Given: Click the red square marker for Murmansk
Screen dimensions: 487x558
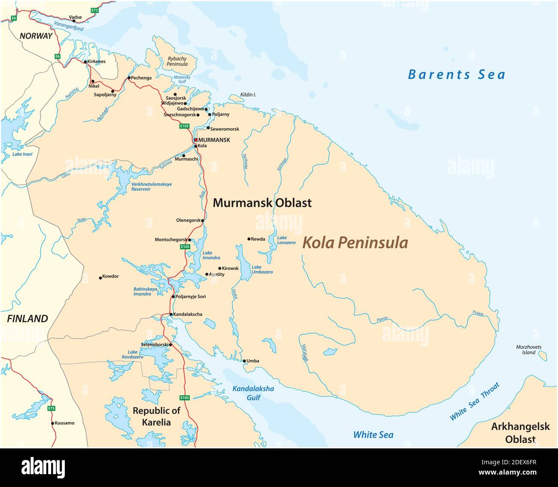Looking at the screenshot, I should point(195,140).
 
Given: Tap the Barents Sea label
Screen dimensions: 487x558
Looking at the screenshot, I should point(456,75).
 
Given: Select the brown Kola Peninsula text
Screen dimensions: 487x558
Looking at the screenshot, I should point(355,243).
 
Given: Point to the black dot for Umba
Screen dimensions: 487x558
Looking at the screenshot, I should point(244,361).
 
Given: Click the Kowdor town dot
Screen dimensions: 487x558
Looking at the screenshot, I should point(100,277).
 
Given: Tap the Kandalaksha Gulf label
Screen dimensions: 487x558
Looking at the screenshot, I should point(253,393).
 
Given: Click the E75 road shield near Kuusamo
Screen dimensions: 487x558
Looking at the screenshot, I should point(52,408).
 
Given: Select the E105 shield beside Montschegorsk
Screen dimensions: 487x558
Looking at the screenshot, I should point(185,247).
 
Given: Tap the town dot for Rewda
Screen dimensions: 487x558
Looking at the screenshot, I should point(249,239).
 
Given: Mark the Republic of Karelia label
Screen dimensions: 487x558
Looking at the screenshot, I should point(157,416).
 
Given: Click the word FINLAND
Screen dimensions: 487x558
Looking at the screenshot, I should point(27,319).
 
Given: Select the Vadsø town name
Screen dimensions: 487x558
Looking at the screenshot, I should point(75,18).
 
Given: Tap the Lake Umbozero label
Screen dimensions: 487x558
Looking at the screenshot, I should point(262,269).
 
